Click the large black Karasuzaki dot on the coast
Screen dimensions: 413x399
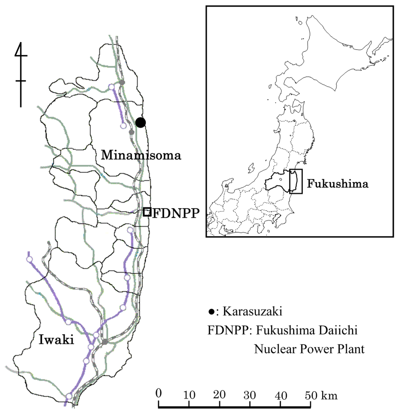click(x=141, y=122)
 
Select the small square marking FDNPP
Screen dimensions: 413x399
click(x=147, y=212)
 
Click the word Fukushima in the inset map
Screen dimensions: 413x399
click(x=337, y=184)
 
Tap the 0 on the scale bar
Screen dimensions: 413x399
click(x=158, y=393)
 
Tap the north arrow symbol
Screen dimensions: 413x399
click(x=21, y=74)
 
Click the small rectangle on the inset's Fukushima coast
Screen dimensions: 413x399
click(x=296, y=181)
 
